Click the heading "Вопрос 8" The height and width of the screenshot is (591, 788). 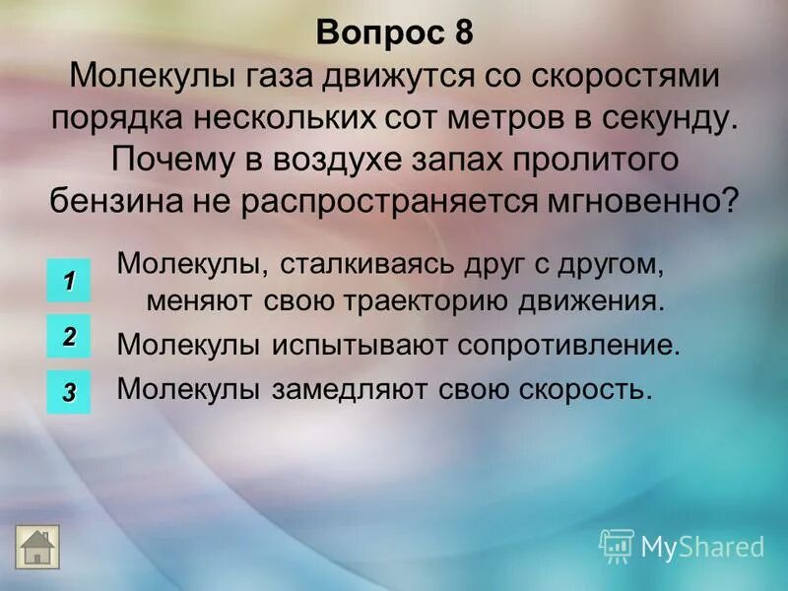[x=394, y=33]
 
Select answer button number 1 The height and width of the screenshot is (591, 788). [x=69, y=281]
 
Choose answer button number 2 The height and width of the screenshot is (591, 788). [x=69, y=336]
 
